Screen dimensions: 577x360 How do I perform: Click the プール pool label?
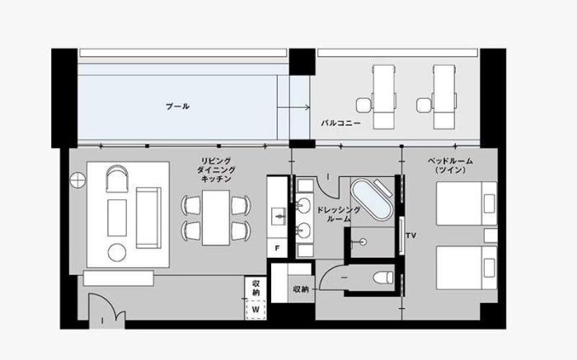177,106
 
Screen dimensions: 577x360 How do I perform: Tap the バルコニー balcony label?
340,123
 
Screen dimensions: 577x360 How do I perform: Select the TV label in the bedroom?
411,236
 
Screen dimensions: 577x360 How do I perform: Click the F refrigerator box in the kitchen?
277,248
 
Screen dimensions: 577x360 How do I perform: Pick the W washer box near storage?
256,309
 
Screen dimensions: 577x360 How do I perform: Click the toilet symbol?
382,278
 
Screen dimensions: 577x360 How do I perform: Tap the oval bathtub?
371,200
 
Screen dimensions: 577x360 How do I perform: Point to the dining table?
216,217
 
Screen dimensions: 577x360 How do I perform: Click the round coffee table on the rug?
117,253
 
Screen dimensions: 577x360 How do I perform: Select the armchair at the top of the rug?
117,179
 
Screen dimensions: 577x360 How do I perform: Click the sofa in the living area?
148,217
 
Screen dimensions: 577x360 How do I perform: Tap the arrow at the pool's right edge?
293,107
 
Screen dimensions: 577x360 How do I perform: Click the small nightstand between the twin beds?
490,236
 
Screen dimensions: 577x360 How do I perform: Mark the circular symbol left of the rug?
77,180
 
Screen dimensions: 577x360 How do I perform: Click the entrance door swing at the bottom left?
106,307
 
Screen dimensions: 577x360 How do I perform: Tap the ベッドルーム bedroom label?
450,166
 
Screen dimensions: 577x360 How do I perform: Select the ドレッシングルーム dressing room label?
339,214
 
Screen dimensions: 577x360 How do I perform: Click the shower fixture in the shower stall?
359,242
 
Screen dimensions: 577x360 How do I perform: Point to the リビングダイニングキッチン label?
216,170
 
